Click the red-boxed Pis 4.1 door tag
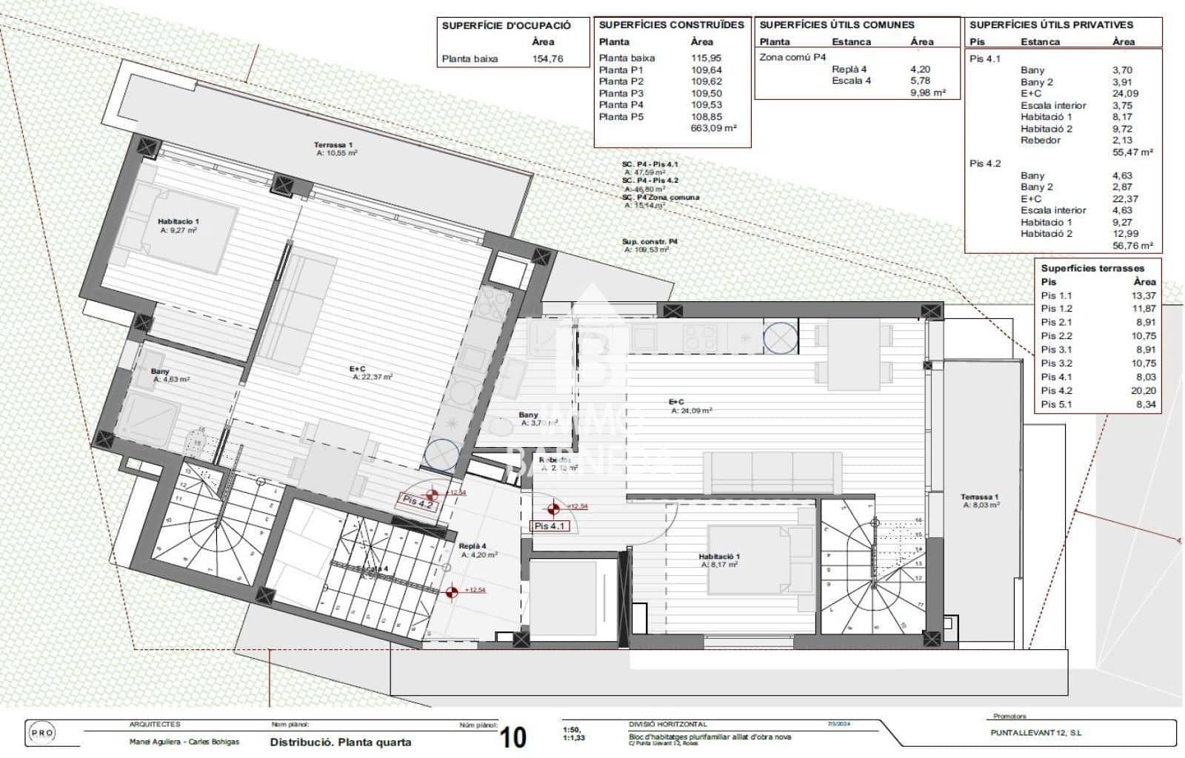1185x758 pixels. [550, 526]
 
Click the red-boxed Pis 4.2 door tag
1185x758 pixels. [417, 501]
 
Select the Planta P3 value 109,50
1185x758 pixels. [706, 93]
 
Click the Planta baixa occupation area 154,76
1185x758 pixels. [547, 58]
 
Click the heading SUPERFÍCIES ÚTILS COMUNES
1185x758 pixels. [836, 24]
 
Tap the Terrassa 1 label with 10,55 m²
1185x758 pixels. [334, 148]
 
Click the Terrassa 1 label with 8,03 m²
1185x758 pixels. [980, 500]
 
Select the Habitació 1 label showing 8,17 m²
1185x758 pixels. [718, 560]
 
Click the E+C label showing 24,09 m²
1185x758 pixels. [691, 406]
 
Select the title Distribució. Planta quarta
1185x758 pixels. [340, 742]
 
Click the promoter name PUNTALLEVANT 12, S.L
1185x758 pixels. [1035, 733]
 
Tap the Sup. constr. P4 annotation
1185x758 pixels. [649, 245]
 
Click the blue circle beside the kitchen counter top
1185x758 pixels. [780, 338]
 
